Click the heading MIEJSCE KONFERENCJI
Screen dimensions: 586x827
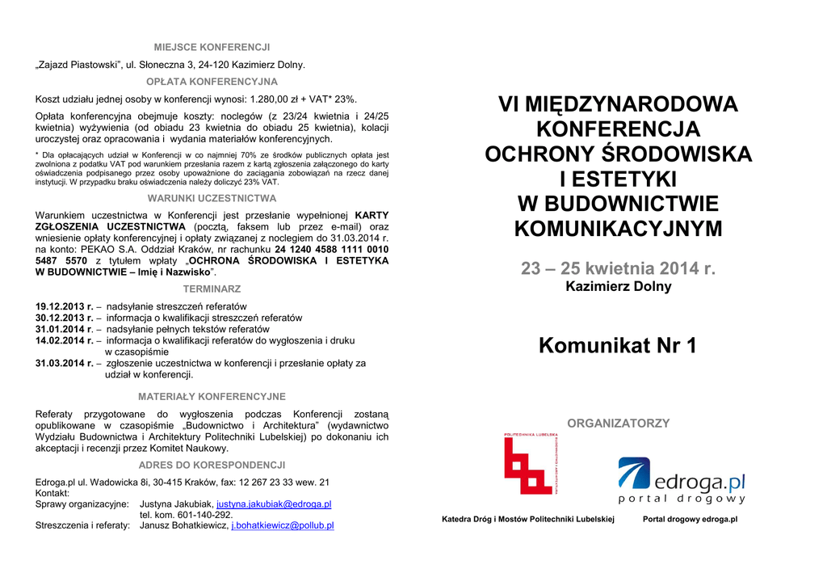(x=212, y=47)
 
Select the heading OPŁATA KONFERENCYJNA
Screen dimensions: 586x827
(x=212, y=82)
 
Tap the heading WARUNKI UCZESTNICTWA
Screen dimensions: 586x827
(x=212, y=198)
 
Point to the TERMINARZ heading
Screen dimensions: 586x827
(x=212, y=289)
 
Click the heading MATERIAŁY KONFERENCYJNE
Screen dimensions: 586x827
(x=212, y=397)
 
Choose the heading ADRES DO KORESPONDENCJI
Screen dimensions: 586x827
(x=212, y=465)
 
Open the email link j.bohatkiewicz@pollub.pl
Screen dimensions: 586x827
(x=283, y=525)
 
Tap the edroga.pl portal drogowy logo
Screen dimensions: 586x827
(x=682, y=480)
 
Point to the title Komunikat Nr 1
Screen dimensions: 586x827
(x=618, y=346)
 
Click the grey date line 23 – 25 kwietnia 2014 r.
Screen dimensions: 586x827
(x=618, y=268)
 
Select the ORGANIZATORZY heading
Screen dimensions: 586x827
(x=618, y=424)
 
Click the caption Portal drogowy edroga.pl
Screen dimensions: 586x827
(x=690, y=519)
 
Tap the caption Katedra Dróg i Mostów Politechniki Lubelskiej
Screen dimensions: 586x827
(x=528, y=519)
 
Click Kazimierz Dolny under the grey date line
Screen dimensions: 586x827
(x=618, y=287)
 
